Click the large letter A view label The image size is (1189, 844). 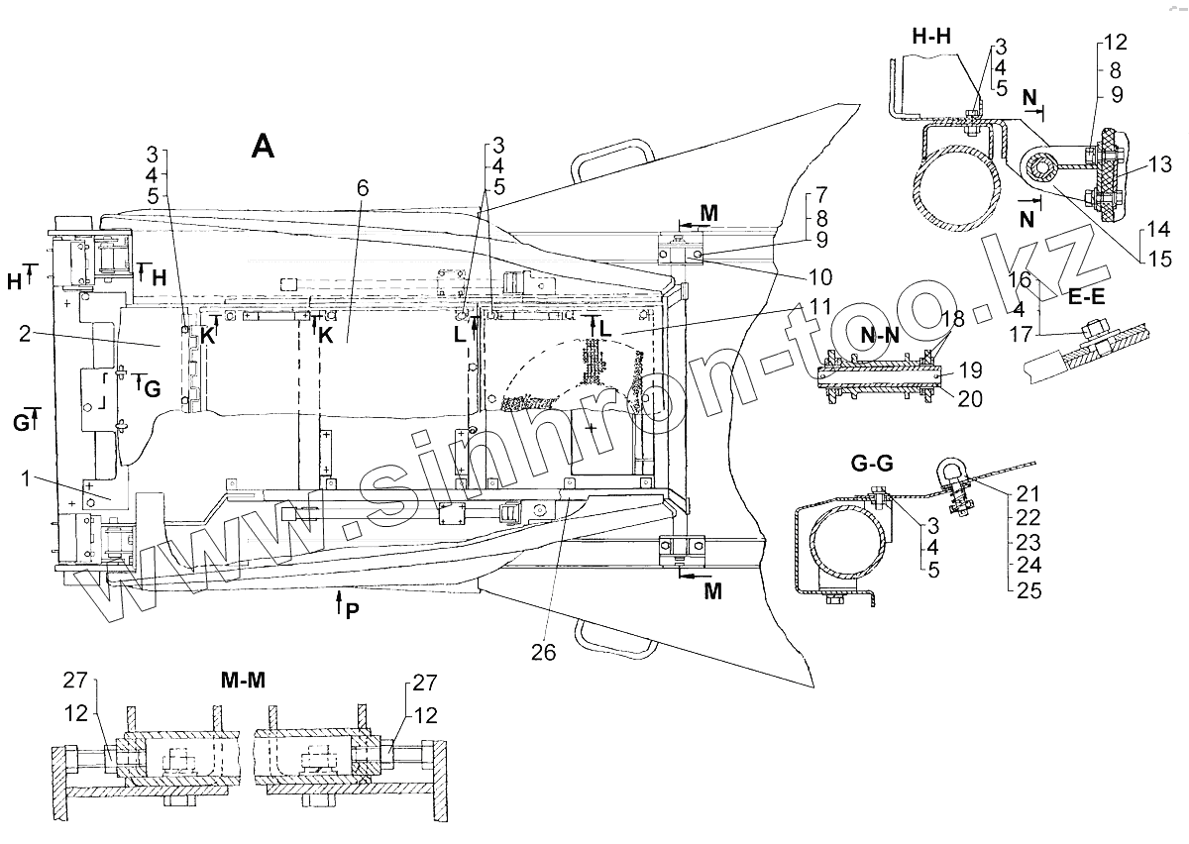click(x=263, y=146)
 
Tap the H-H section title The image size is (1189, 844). click(x=932, y=37)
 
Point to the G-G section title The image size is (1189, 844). click(x=873, y=463)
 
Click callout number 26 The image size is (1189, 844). click(x=543, y=652)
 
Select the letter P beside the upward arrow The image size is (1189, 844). click(x=353, y=612)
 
